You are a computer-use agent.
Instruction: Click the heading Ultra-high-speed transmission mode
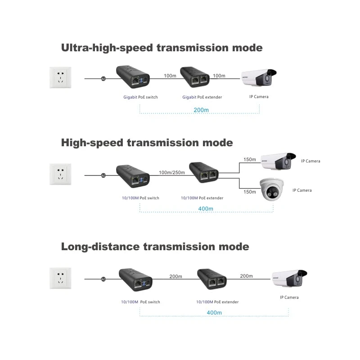point(162,48)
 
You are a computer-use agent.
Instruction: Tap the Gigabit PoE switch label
point(140,97)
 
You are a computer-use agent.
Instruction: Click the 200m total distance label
point(201,110)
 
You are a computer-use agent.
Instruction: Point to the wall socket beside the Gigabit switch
point(60,77)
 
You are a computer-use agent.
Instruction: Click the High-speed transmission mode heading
point(147,143)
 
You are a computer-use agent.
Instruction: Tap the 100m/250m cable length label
point(172,173)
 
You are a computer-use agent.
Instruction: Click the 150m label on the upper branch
point(249,160)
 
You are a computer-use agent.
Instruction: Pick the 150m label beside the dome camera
point(249,192)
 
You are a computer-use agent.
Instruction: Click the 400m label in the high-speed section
point(206,209)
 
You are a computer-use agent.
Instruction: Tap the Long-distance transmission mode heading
point(155,247)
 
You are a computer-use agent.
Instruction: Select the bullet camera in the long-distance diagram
point(290,279)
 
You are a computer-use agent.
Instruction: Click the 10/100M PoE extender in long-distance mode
point(211,279)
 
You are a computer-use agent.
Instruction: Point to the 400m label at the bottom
point(214,312)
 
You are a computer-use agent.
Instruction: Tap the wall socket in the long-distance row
point(60,279)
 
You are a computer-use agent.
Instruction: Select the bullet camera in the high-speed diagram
point(278,161)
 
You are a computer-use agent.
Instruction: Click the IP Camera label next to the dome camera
point(302,190)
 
